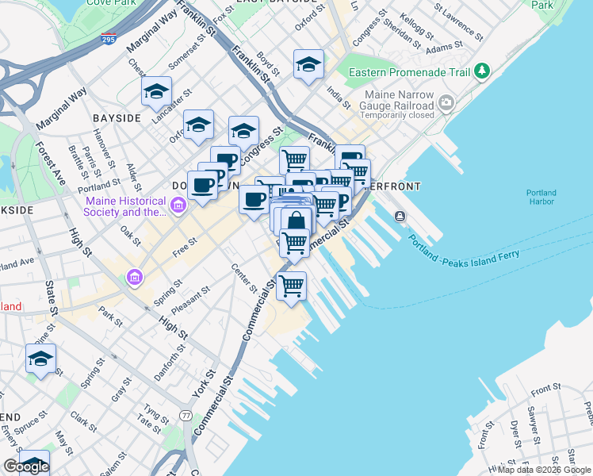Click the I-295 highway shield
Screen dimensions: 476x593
point(109,38)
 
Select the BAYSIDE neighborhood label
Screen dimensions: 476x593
point(117,117)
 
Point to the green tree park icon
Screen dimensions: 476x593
point(482,72)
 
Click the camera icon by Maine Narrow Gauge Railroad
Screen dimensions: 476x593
point(446,102)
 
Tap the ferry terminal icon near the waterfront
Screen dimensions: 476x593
point(400,216)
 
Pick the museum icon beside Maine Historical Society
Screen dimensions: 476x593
point(178,208)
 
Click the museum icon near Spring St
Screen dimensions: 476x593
point(133,278)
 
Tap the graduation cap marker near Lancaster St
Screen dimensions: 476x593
point(157,92)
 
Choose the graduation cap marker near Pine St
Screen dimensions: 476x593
point(41,359)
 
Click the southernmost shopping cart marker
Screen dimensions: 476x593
point(292,286)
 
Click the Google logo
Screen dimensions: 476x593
point(26,466)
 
